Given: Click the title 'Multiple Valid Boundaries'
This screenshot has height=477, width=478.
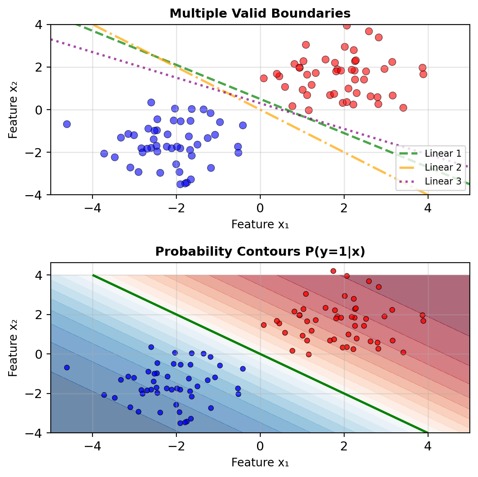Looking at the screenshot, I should point(260,13).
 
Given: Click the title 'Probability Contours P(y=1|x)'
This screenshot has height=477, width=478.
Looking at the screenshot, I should point(260,252).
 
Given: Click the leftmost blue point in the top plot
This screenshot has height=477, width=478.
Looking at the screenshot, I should point(67,124).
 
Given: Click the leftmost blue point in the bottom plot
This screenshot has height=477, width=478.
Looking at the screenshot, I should point(67,367).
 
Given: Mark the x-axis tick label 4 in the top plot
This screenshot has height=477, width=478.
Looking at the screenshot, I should point(428,208).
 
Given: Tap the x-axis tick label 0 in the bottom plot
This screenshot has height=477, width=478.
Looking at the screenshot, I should point(260,445).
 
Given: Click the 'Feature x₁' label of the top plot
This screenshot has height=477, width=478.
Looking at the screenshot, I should point(260,224).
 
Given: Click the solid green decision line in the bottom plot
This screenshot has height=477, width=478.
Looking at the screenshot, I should point(260,354).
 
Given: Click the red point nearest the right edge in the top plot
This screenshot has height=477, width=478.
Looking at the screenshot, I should point(423,74).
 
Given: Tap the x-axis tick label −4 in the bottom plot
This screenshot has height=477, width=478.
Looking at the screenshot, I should point(92,445).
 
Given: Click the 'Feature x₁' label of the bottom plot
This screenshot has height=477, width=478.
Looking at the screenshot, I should point(260,462).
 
